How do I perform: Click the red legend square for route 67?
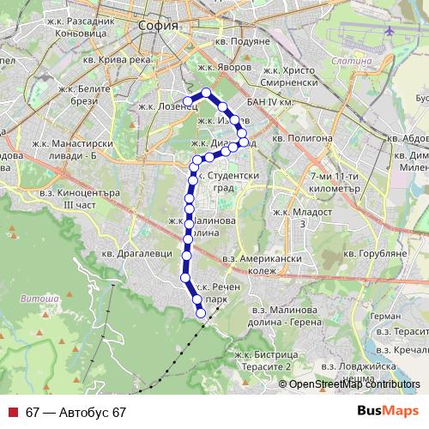click(12, 413)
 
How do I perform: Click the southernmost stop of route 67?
click(202, 313)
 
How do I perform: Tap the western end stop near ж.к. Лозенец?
click(187, 102)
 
